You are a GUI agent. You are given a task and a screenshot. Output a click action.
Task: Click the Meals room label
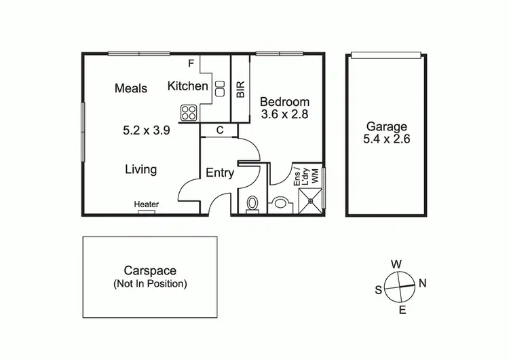pos(131,88)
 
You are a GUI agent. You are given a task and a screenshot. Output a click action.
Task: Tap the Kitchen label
pos(187,86)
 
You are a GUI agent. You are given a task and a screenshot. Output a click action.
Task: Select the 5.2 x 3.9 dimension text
pos(146,130)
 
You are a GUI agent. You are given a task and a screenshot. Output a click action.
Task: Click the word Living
pos(140,169)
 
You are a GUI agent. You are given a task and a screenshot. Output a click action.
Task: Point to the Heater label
pos(146,204)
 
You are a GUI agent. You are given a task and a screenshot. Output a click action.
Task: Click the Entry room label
pos(220,173)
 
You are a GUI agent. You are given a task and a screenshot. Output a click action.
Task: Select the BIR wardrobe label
pos(240,90)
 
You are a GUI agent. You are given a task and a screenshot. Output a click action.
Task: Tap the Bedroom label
pos(285,102)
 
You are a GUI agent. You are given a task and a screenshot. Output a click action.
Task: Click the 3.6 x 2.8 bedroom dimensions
pos(285,115)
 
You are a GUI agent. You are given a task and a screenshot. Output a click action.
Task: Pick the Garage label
pos(387,126)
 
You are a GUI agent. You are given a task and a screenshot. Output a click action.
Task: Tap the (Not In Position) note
pos(150,284)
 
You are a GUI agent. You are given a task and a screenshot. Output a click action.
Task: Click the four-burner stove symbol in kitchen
pos(188,113)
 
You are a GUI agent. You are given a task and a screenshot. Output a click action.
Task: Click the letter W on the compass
pos(396,264)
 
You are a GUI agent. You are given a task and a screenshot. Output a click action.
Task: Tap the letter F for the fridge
pos(191,64)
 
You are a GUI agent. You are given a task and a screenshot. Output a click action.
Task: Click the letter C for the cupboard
pos(220,130)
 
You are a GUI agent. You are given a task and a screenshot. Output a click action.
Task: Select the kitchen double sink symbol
pos(220,87)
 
